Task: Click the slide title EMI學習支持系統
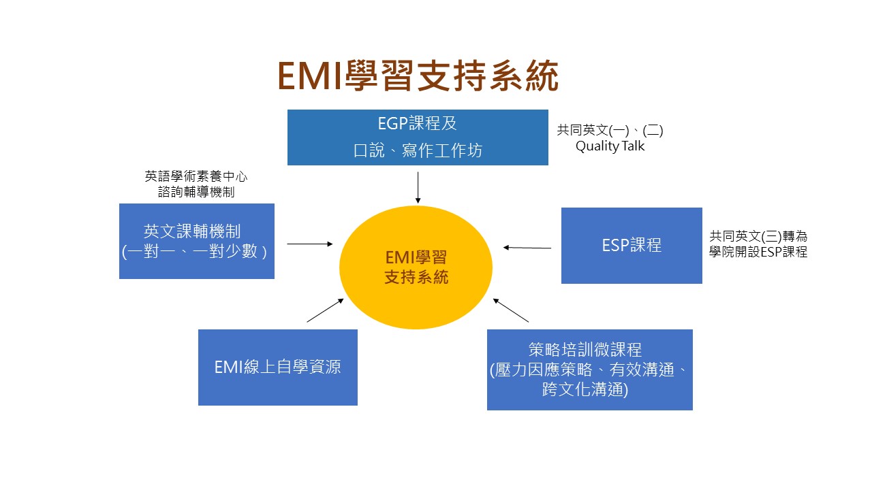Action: point(418,76)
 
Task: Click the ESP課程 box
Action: point(632,245)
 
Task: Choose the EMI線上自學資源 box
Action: point(277,367)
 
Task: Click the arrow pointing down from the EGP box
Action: point(418,187)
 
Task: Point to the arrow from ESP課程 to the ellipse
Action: point(527,248)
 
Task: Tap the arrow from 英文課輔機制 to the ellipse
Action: point(310,243)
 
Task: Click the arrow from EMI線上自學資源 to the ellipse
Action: point(326,310)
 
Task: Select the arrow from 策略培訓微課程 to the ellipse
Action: point(511,310)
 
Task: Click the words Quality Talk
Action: point(610,146)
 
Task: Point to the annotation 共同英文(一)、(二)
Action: point(610,130)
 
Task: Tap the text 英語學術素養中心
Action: point(196,176)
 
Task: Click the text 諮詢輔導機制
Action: point(196,192)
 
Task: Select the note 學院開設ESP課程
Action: point(758,252)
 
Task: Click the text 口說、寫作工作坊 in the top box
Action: point(418,150)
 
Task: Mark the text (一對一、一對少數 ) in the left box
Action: point(196,251)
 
